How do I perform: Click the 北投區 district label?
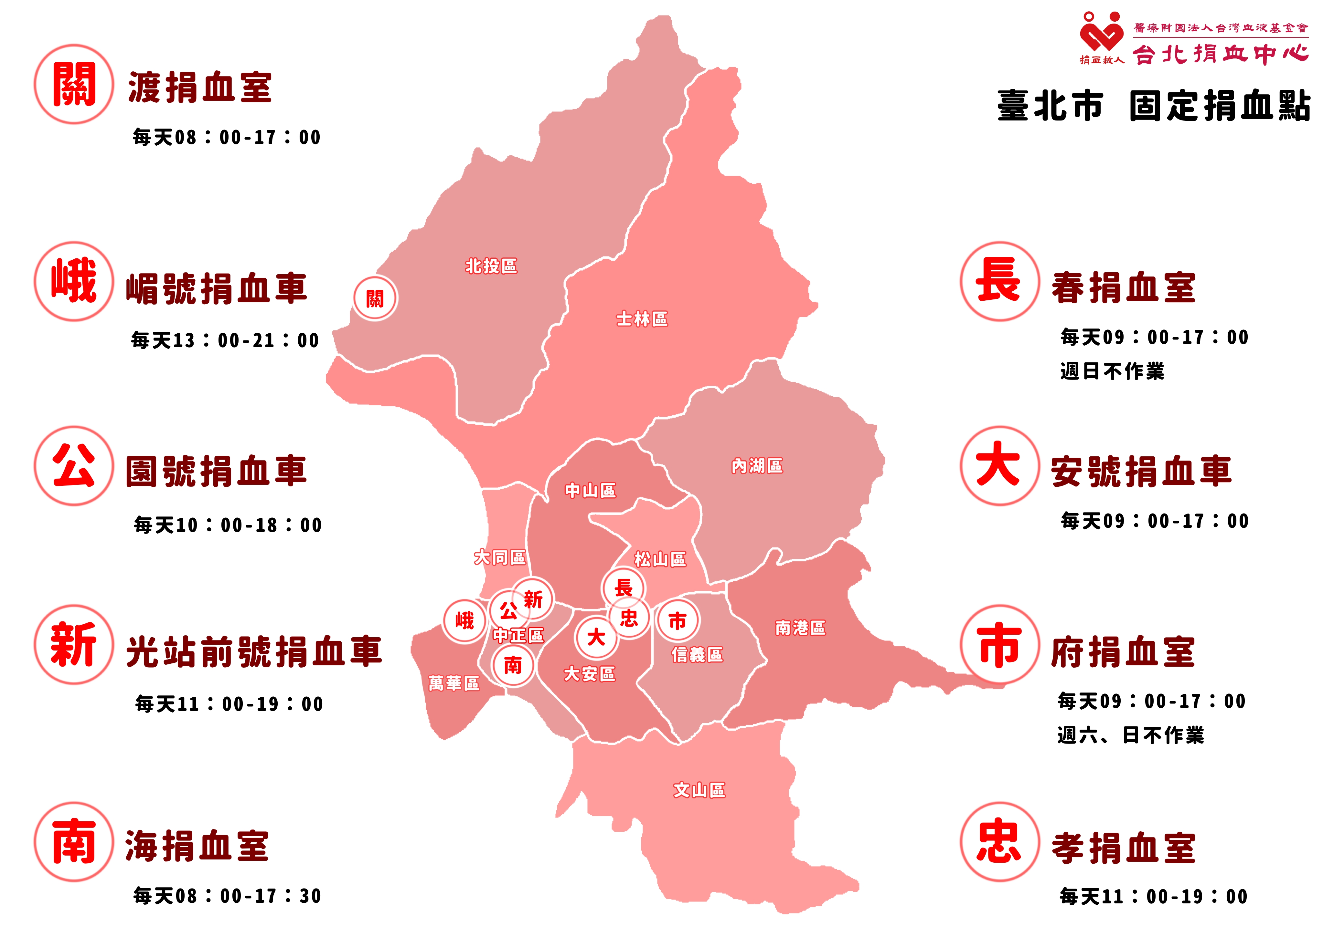[491, 266]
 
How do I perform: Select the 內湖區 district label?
[757, 465]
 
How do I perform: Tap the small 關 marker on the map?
[375, 298]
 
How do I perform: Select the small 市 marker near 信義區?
[677, 620]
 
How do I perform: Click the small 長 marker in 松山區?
[623, 588]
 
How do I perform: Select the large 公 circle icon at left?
[74, 465]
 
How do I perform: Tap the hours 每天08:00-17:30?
[227, 896]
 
